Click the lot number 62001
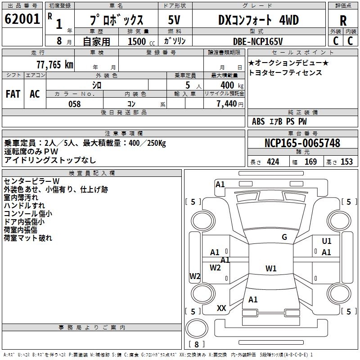click(22, 19)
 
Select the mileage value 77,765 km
click(55, 65)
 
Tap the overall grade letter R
click(343, 21)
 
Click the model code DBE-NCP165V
click(258, 41)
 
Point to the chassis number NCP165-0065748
click(302, 143)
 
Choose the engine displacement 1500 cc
click(141, 41)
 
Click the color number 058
click(75, 104)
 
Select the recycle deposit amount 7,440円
click(230, 104)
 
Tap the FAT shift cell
click(13, 94)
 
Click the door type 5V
click(174, 20)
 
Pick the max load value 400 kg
click(232, 85)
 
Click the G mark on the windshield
click(284, 237)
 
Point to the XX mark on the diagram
click(221, 308)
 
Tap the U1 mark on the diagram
click(327, 241)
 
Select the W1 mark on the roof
click(271, 268)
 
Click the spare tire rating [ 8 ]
click(197, 344)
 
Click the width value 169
click(310, 162)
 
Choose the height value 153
click(346, 162)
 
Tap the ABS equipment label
click(258, 121)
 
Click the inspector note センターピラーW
click(31, 181)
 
